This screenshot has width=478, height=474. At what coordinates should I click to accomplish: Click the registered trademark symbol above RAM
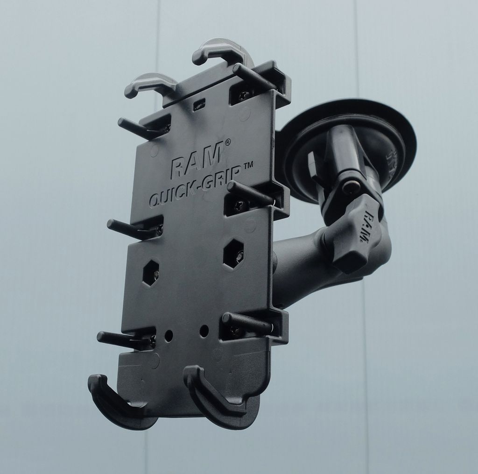(227, 142)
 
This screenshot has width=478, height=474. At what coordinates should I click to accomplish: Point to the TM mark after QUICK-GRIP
(248, 165)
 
